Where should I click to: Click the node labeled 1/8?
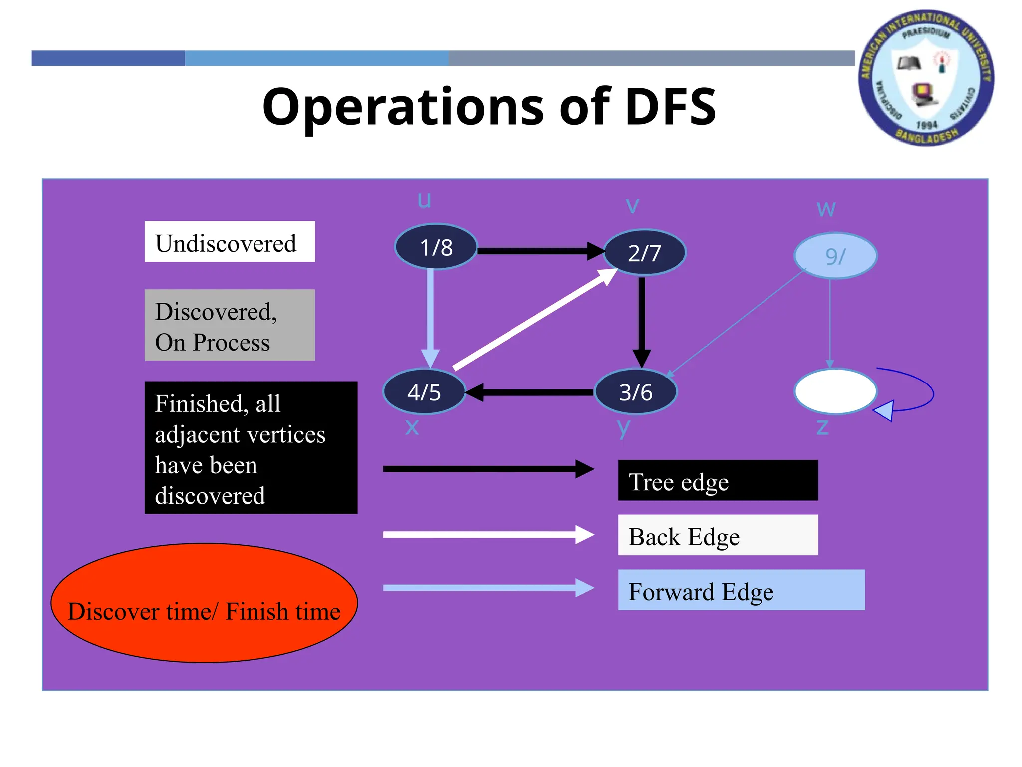click(436, 247)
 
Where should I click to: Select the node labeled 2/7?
click(644, 252)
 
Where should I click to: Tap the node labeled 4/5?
click(424, 392)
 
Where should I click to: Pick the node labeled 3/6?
click(635, 392)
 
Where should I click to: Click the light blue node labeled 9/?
click(835, 256)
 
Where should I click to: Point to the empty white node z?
click(835, 391)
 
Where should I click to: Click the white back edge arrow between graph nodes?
click(534, 320)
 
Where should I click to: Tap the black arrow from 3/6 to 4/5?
click(529, 392)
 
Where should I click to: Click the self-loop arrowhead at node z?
click(884, 411)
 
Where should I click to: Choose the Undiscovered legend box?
click(230, 242)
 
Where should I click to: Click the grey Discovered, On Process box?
click(230, 325)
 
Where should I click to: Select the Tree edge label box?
click(718, 480)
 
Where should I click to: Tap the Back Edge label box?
click(718, 535)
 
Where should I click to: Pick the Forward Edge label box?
click(741, 590)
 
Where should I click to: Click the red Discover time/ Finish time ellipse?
click(204, 603)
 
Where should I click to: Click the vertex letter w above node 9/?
click(826, 209)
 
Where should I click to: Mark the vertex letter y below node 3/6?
click(623, 427)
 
